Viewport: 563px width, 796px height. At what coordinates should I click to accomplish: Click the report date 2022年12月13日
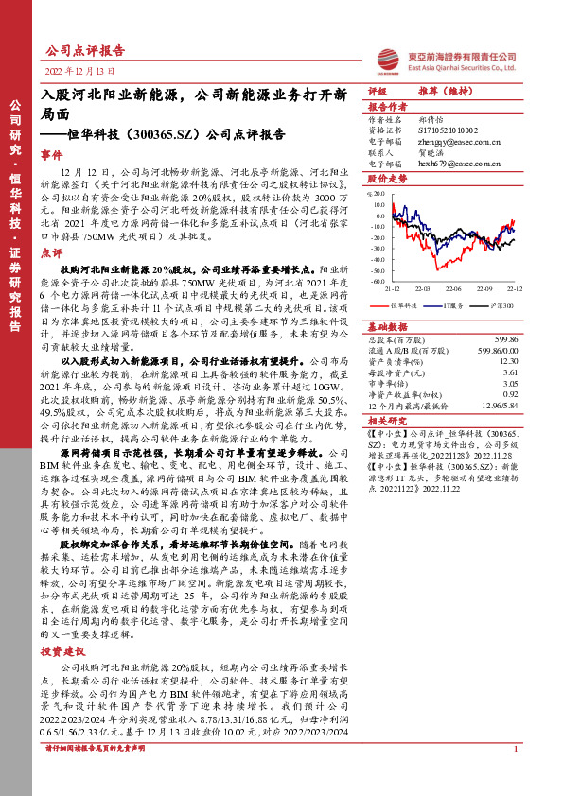[x=81, y=71]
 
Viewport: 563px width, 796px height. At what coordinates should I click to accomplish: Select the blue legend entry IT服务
[x=451, y=306]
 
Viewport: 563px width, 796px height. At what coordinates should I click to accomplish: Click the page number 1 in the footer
[x=515, y=775]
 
